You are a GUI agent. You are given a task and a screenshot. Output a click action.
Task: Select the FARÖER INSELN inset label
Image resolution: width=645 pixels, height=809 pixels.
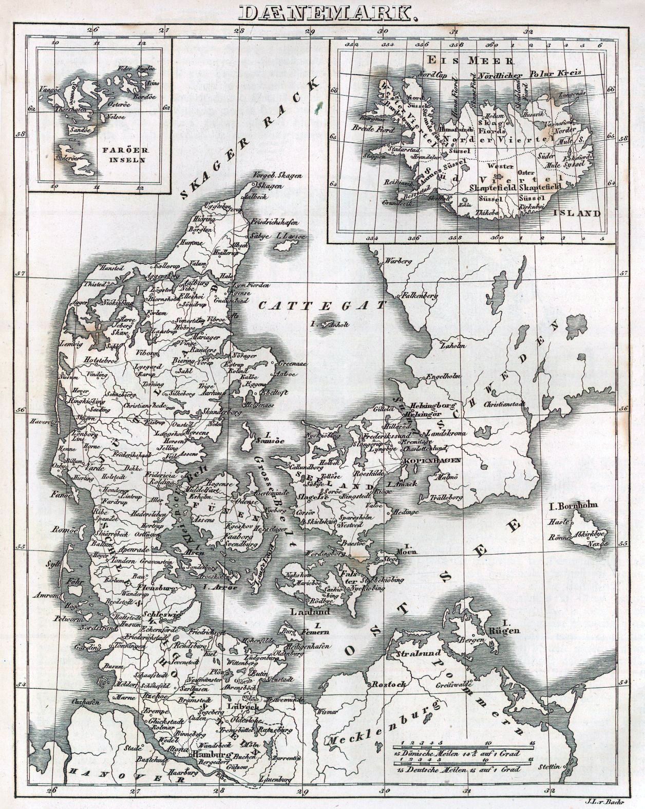[x=131, y=155]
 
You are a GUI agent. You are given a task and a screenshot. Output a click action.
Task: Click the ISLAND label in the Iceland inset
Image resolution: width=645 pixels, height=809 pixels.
[x=582, y=212]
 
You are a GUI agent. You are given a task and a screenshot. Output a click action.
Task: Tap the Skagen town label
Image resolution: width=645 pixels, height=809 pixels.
[x=269, y=186]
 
